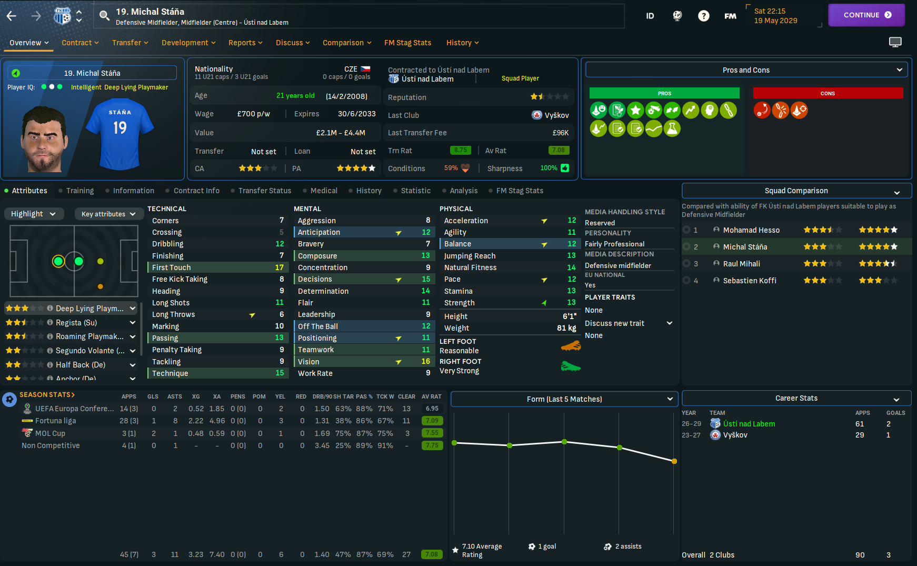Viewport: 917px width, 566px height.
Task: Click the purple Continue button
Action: (866, 15)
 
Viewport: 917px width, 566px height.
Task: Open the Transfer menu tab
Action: (129, 43)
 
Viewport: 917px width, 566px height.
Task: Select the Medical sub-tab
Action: (323, 191)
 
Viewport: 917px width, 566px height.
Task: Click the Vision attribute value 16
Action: (425, 362)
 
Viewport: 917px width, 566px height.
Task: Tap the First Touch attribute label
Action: (172, 267)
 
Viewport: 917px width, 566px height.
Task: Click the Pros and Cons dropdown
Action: (746, 70)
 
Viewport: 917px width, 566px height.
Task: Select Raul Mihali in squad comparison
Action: (741, 264)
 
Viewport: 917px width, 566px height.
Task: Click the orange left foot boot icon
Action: (571, 346)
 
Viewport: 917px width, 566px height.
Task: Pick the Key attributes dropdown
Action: (108, 214)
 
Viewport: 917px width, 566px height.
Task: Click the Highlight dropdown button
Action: (34, 214)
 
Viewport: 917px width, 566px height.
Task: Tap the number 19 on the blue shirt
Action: (120, 128)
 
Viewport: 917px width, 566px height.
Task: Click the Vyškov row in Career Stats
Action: (735, 435)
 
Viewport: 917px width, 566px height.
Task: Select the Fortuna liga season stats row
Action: (55, 421)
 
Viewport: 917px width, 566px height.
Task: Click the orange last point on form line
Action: (674, 461)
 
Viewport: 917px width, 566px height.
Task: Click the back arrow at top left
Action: (12, 16)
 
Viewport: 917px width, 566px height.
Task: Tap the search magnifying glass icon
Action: (105, 16)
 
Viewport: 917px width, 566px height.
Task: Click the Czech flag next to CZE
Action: (365, 69)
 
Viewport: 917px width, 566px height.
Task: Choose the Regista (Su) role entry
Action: (76, 323)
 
